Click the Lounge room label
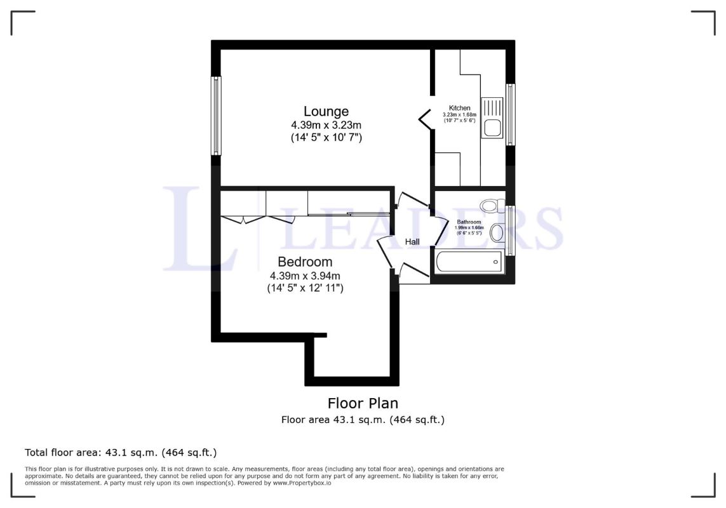326,112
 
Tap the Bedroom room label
305,262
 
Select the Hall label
412,242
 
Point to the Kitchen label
460,108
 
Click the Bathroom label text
469,222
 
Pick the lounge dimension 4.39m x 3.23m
326,125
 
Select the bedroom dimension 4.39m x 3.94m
305,276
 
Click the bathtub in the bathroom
469,262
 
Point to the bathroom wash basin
497,232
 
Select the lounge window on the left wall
216,116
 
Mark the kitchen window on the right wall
510,114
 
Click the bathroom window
510,231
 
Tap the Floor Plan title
363,403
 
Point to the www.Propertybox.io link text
302,483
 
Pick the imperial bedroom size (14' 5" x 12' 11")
305,288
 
